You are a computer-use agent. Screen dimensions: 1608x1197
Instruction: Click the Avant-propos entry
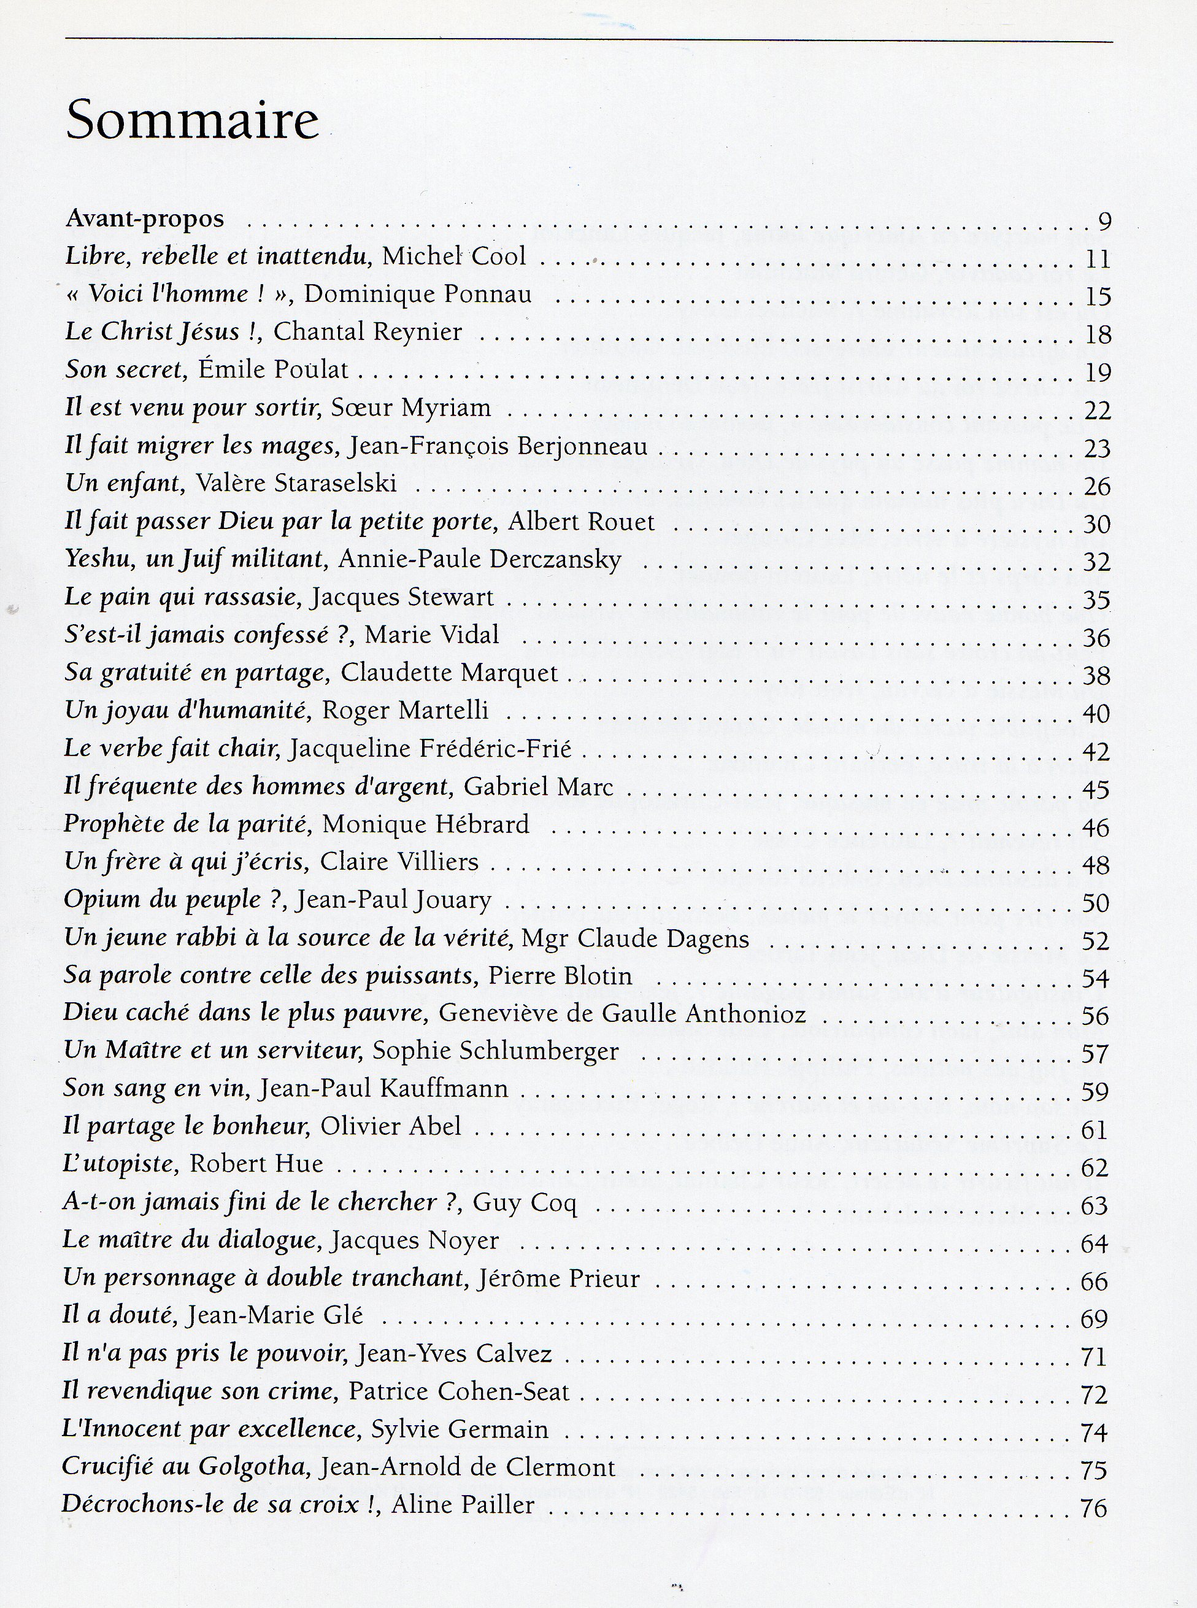point(145,218)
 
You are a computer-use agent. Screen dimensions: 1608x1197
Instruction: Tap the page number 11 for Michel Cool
point(1098,259)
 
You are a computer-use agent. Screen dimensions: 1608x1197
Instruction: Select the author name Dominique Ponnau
point(418,294)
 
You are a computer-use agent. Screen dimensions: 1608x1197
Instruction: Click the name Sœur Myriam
point(411,408)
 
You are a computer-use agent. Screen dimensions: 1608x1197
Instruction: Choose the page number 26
point(1096,485)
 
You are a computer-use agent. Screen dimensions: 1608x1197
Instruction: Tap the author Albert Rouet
point(581,522)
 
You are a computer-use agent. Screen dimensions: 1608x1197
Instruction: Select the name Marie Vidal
point(432,635)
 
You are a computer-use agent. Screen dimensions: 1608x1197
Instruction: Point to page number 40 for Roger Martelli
point(1096,714)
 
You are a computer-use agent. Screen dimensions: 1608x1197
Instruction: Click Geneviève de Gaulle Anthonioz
point(622,1014)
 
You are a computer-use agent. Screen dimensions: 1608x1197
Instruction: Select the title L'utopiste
point(121,1164)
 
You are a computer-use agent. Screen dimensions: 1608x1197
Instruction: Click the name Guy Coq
point(525,1202)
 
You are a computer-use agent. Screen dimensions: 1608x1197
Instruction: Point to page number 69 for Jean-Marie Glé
point(1094,1319)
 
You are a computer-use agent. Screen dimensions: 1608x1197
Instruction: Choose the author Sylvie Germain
point(460,1430)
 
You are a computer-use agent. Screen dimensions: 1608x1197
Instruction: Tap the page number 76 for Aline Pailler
point(1093,1507)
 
